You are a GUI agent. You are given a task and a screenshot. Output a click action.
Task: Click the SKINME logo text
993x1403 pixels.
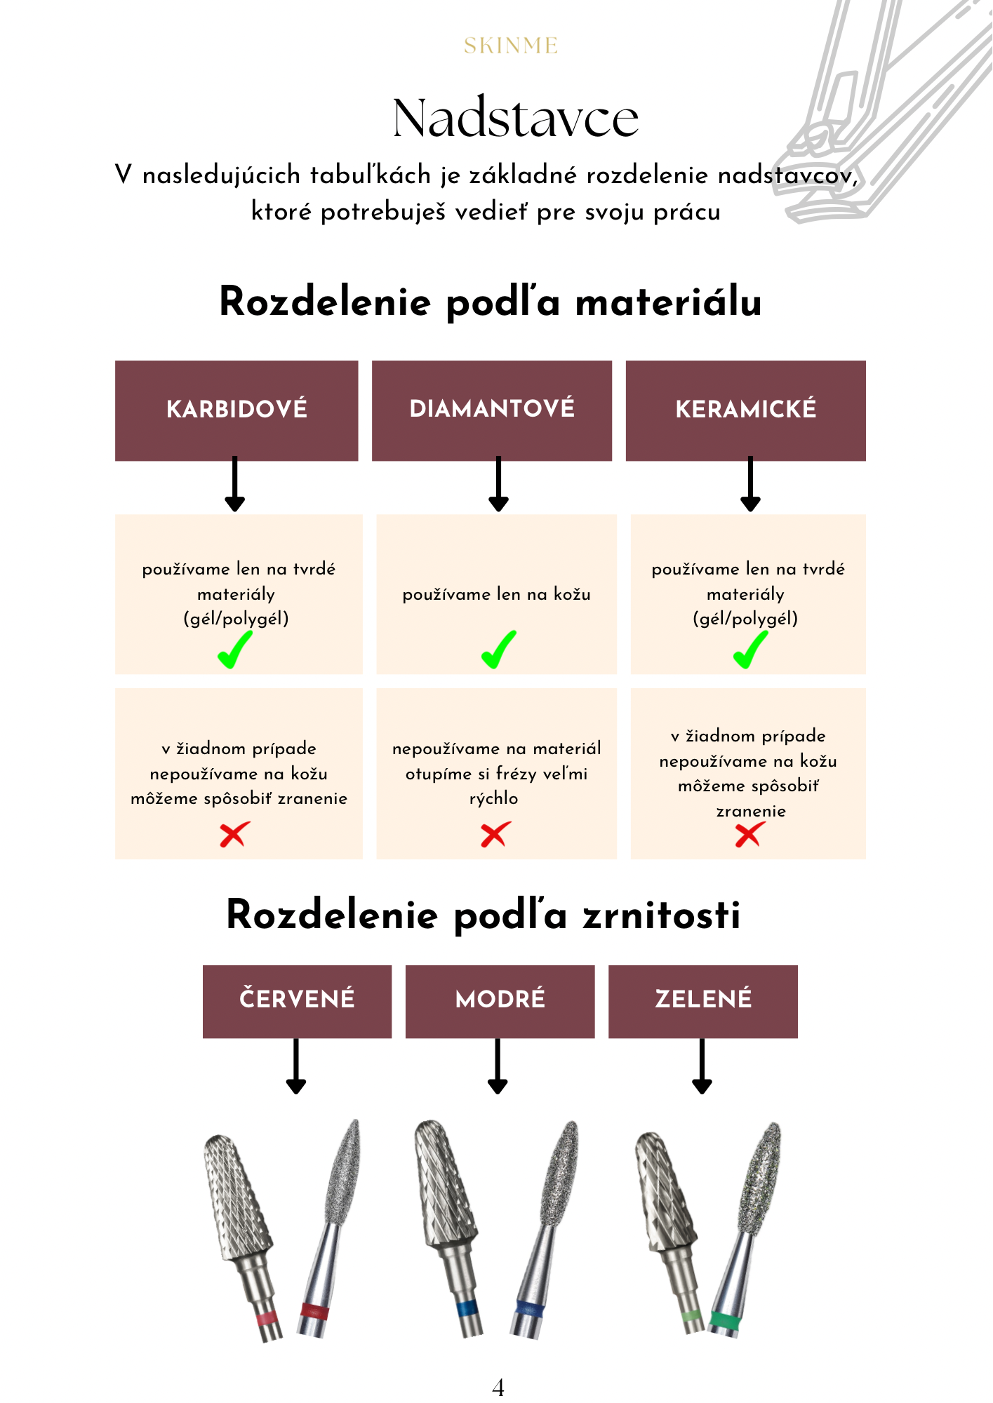pos(510,46)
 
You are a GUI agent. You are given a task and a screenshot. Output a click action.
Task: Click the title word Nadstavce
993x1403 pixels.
pos(515,118)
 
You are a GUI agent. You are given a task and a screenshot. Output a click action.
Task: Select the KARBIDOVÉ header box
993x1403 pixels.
pos(236,410)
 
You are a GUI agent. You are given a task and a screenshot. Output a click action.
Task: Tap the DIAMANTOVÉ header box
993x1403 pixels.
pos(491,410)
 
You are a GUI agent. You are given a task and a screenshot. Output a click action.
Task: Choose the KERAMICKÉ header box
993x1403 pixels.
pos(745,410)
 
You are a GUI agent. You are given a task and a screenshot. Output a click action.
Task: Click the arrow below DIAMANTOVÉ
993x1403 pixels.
pos(498,484)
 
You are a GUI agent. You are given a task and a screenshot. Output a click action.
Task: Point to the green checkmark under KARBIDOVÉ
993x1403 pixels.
pos(234,650)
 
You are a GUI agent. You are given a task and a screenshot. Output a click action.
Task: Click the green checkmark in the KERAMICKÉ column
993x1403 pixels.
pos(750,650)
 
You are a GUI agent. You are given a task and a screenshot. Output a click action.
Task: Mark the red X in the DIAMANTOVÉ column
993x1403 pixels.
pos(495,834)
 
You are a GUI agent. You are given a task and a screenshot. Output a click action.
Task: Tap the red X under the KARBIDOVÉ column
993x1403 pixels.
pos(234,834)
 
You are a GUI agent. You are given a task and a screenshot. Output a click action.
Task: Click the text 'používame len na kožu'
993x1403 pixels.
pos(496,594)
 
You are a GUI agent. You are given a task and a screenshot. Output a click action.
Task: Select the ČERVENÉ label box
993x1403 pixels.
pos(297,1000)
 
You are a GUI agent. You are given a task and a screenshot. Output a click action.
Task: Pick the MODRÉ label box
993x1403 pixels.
pos(500,1000)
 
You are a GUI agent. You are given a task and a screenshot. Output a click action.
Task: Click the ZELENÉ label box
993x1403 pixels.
pos(702,1000)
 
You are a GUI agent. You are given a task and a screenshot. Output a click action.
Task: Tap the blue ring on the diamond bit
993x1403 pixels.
pos(529,1309)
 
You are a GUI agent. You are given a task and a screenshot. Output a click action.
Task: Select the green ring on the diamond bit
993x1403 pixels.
pos(724,1321)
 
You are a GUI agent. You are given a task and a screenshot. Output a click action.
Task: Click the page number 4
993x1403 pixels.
pos(498,1387)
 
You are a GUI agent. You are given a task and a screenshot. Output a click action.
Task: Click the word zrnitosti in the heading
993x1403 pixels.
pos(661,915)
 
